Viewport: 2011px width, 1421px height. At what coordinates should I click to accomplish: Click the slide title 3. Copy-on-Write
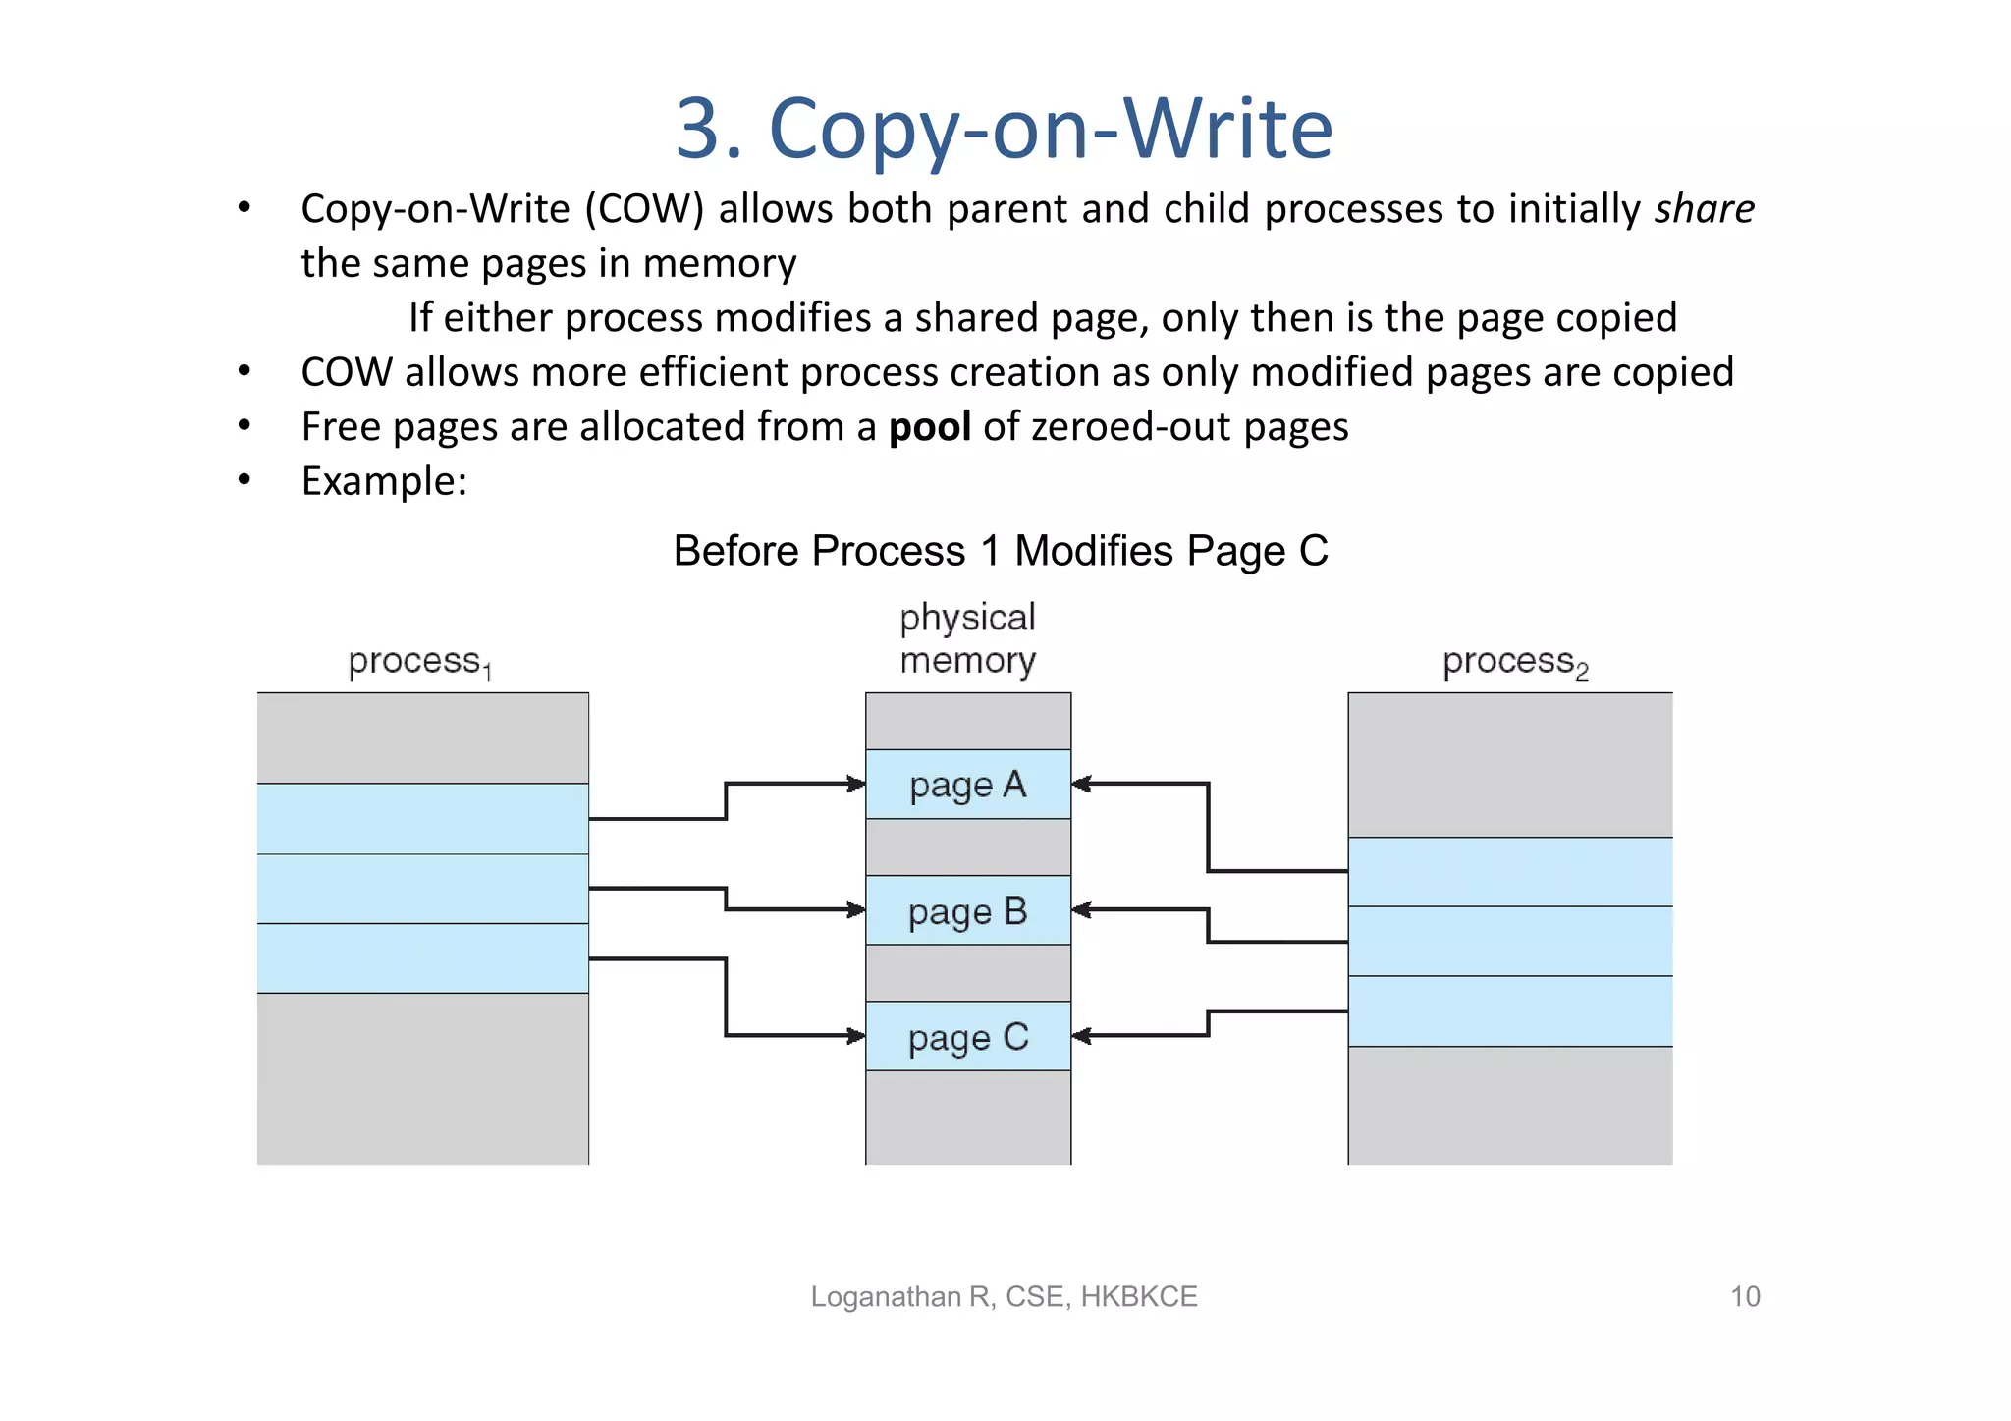[x=1004, y=129]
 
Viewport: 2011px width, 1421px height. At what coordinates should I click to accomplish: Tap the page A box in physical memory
[x=967, y=785]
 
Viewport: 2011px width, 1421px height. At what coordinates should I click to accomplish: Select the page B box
[x=967, y=910]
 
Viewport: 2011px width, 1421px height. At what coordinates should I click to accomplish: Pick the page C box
[x=967, y=1036]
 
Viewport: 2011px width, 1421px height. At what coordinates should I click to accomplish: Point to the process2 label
[x=1513, y=662]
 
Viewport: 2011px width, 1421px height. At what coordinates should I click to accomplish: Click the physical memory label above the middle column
[x=967, y=638]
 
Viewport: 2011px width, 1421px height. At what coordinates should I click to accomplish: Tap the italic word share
[x=1704, y=209]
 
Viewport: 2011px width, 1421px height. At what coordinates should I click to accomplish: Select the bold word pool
[x=929, y=427]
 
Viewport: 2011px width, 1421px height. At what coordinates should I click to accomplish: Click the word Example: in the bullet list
[x=384, y=481]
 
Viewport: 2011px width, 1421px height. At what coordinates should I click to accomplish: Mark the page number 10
[x=1744, y=1296]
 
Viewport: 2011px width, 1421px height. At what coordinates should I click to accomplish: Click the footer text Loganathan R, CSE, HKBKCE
[x=1004, y=1296]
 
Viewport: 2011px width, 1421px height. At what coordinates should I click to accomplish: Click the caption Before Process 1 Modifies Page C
[x=1000, y=551]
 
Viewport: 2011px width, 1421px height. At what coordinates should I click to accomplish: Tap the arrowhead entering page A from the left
[x=857, y=784]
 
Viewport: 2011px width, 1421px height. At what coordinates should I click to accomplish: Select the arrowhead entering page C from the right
[x=1081, y=1035]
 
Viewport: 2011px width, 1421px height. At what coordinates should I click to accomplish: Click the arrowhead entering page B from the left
[x=857, y=909]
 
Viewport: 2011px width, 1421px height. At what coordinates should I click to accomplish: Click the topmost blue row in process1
[x=422, y=818]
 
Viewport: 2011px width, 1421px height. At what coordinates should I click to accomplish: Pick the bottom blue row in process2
[x=1509, y=1011]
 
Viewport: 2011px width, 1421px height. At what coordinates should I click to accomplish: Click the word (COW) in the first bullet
[x=644, y=209]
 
